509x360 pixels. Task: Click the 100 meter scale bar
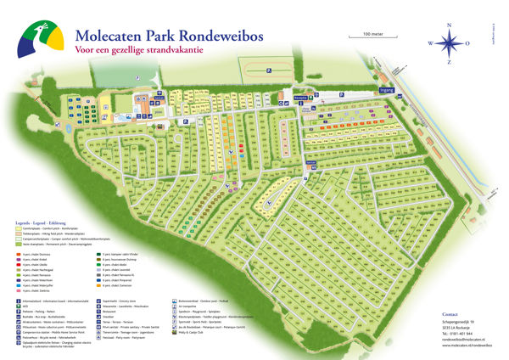(372, 37)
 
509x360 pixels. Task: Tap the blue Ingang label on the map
(386, 87)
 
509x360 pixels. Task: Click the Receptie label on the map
(346, 100)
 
